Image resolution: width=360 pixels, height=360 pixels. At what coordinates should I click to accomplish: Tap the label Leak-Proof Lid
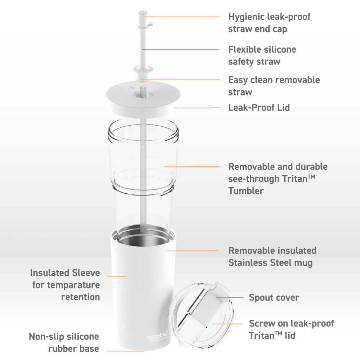pos(259,107)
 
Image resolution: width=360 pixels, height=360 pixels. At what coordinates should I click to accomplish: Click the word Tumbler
pos(246,191)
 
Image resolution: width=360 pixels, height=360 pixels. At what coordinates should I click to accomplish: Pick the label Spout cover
pos(274,298)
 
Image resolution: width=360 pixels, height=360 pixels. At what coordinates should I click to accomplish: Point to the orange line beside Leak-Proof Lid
pos(197,108)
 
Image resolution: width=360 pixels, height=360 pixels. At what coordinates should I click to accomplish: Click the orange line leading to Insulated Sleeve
pos(117,276)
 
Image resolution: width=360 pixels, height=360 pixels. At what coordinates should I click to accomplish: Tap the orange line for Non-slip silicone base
pos(126,351)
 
